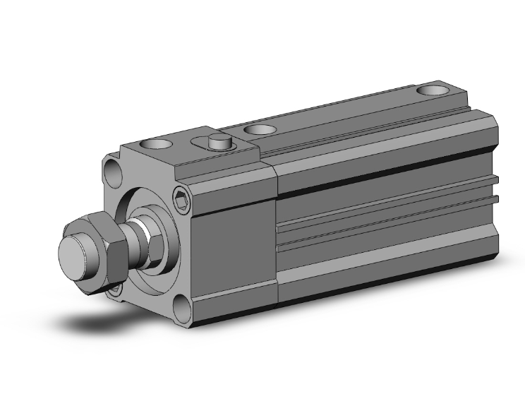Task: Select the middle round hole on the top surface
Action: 260,129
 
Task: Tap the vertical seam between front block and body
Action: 276,233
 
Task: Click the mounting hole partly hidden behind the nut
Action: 114,289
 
